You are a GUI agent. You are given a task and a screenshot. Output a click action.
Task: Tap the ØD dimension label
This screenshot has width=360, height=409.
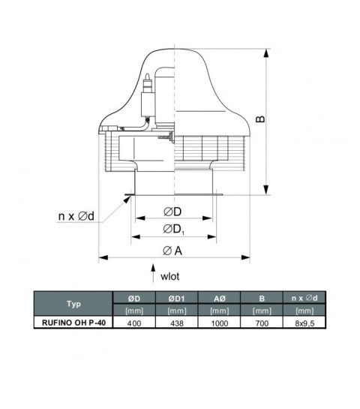(x=172, y=211)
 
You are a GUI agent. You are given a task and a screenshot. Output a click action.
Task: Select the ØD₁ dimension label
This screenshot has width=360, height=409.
(x=172, y=228)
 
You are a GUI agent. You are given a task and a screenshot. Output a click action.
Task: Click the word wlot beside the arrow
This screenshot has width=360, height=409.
(x=169, y=275)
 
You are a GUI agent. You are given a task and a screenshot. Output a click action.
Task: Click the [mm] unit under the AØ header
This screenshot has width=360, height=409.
(x=219, y=311)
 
